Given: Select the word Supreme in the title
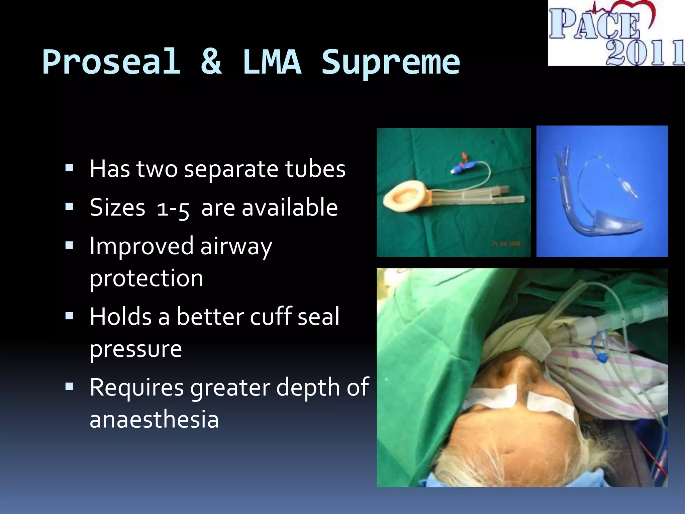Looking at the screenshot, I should [391, 63].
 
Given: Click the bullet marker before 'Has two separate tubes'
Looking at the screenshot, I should [69, 168].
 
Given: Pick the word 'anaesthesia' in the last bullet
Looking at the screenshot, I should [154, 420].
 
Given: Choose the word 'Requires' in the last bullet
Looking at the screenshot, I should [136, 388].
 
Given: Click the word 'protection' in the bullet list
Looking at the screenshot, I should [146, 278].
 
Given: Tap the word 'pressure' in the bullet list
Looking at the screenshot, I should [136, 349].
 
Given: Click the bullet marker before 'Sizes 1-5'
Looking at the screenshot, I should [69, 207].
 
